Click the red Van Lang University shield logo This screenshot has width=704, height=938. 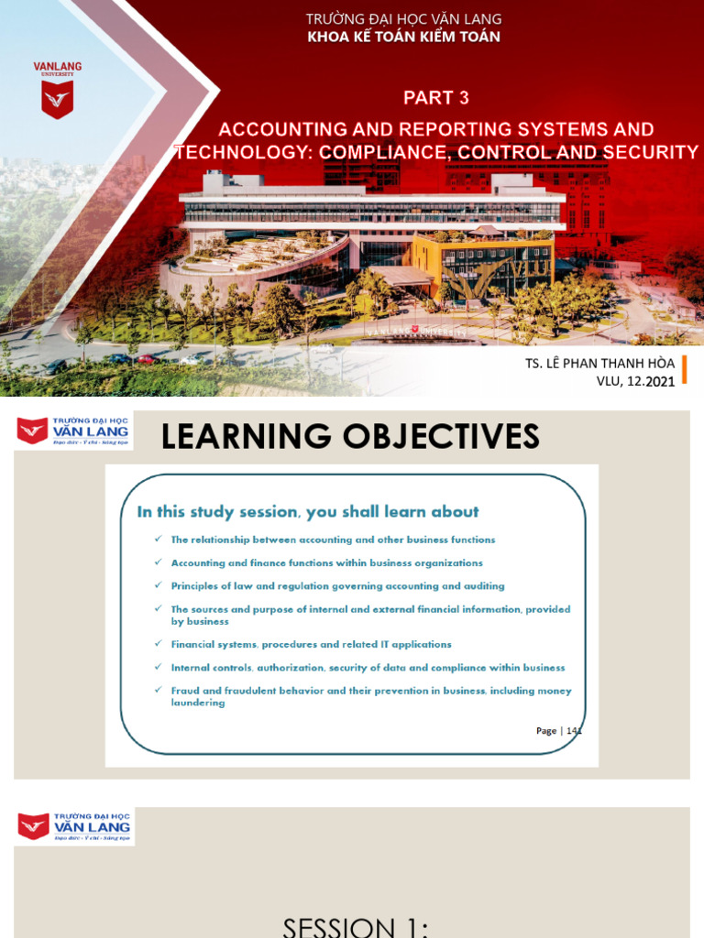click(x=57, y=99)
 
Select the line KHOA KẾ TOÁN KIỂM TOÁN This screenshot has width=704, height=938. click(x=403, y=37)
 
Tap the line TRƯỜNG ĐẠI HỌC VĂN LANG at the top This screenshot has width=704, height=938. click(x=403, y=19)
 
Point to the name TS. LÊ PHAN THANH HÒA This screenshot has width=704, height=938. click(x=599, y=364)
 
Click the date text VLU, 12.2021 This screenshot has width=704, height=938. click(x=635, y=381)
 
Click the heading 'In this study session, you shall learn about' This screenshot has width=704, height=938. click(x=308, y=512)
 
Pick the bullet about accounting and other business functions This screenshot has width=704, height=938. click(x=333, y=540)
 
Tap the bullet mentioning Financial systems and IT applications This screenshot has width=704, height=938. click(x=311, y=644)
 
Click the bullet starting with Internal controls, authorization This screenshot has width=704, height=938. click(x=368, y=668)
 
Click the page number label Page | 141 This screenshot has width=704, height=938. click(x=559, y=730)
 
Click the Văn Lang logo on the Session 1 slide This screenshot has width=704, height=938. click(x=73, y=827)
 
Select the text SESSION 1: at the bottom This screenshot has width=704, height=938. click(x=356, y=925)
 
